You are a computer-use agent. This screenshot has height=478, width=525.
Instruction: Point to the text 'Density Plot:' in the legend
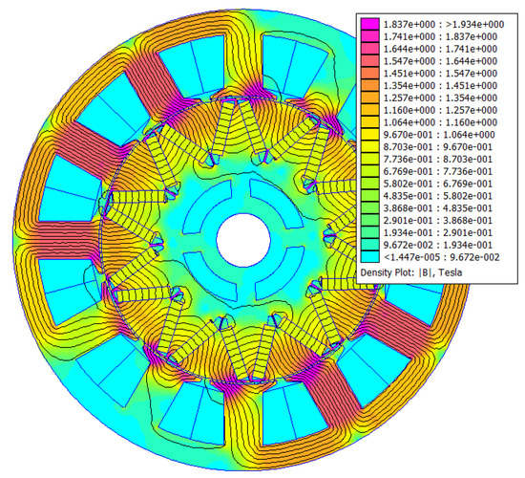392,272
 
